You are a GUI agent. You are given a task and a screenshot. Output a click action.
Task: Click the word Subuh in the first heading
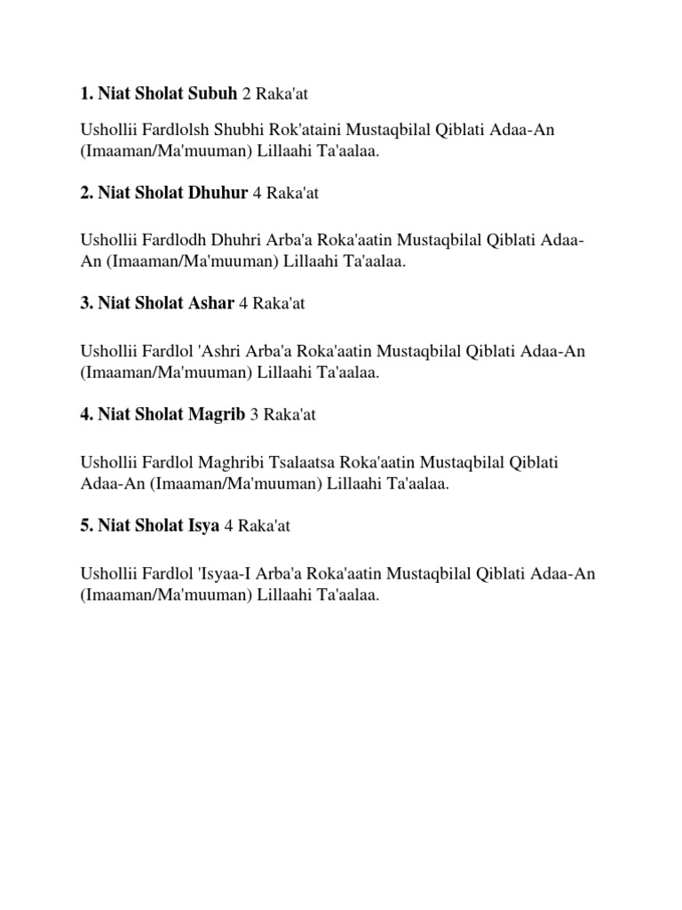coord(210,92)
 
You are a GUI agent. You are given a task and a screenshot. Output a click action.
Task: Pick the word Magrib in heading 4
coord(216,414)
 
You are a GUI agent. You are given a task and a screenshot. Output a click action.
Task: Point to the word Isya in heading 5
coord(202,526)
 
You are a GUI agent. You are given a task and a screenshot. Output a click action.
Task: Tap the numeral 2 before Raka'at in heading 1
coord(246,92)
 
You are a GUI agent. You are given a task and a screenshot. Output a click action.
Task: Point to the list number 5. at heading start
coord(86,526)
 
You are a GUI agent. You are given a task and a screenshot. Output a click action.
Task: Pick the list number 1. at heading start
coord(86,92)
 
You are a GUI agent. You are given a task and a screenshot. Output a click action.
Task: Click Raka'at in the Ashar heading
coord(279,303)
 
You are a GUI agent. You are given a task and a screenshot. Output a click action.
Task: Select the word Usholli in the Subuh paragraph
coord(107,130)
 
